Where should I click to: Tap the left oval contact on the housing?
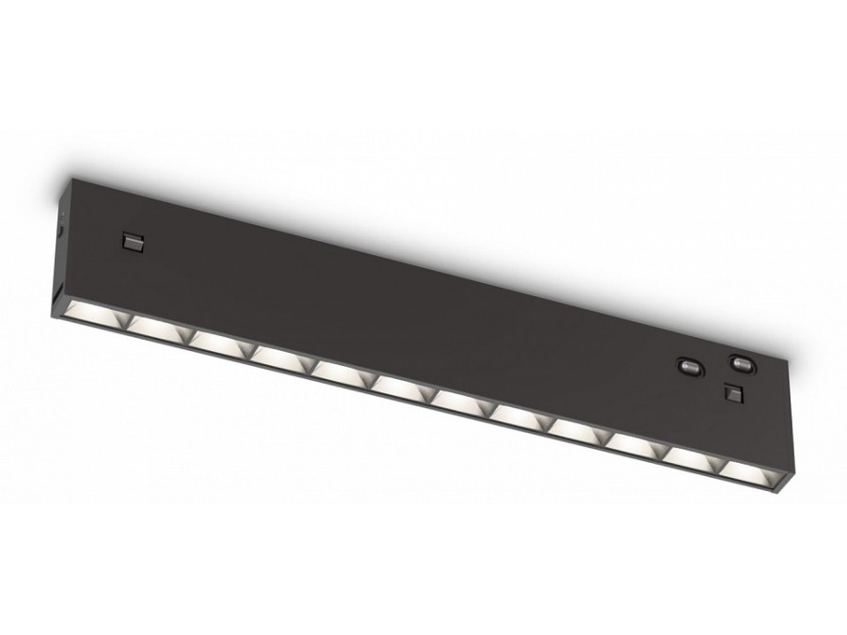(x=689, y=365)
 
